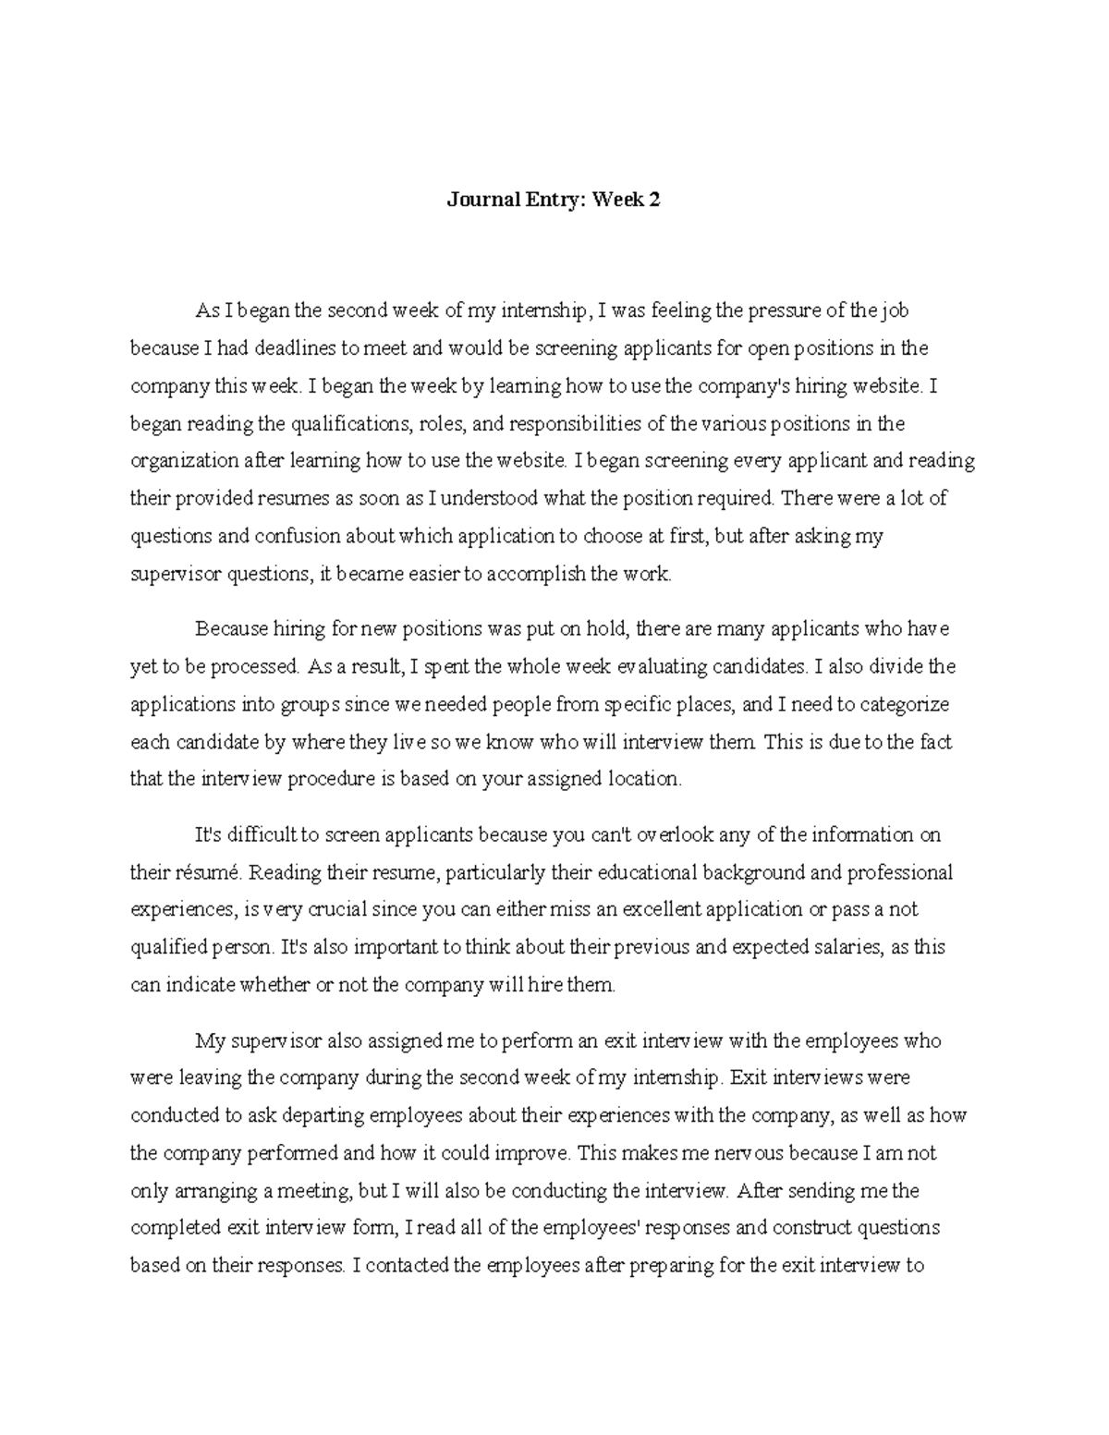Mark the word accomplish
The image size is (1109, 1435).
[536, 574]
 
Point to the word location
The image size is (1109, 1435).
[643, 779]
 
